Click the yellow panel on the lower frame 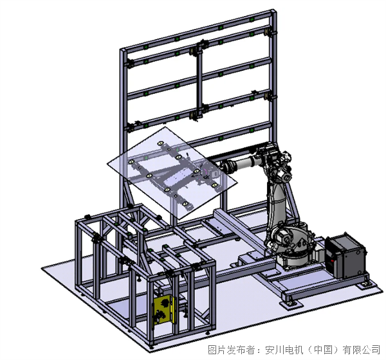[163, 310]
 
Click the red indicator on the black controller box [332, 260]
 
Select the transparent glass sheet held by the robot [172, 172]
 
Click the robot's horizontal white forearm [243, 164]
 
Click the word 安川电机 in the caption [284, 350]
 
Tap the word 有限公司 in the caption [362, 350]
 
